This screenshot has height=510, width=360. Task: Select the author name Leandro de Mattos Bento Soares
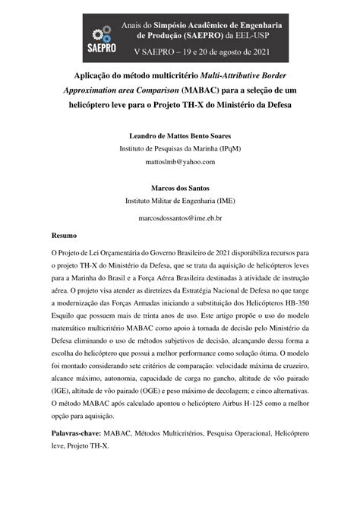click(x=180, y=135)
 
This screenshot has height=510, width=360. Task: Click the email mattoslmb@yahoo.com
click(x=179, y=162)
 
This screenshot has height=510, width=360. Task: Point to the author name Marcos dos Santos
click(x=179, y=188)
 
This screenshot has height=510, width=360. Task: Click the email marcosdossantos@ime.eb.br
click(x=179, y=217)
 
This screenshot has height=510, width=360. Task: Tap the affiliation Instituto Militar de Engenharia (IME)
click(x=179, y=201)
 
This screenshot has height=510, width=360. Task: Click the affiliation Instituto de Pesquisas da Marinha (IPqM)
click(x=179, y=149)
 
